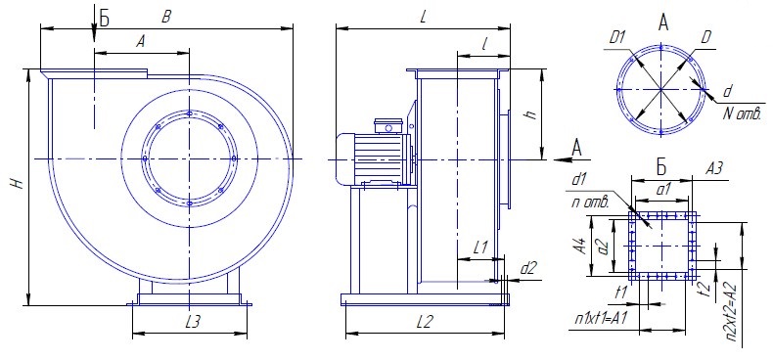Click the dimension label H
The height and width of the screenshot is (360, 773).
click(x=19, y=184)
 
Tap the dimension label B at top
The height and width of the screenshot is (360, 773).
click(x=166, y=18)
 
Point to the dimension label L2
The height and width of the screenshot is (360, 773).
click(x=424, y=322)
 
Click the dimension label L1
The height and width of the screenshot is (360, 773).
click(x=479, y=247)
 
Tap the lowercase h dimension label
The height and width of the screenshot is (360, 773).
click(x=530, y=114)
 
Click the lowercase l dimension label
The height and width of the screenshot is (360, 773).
click(x=485, y=45)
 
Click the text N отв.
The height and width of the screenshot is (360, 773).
click(x=743, y=114)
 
